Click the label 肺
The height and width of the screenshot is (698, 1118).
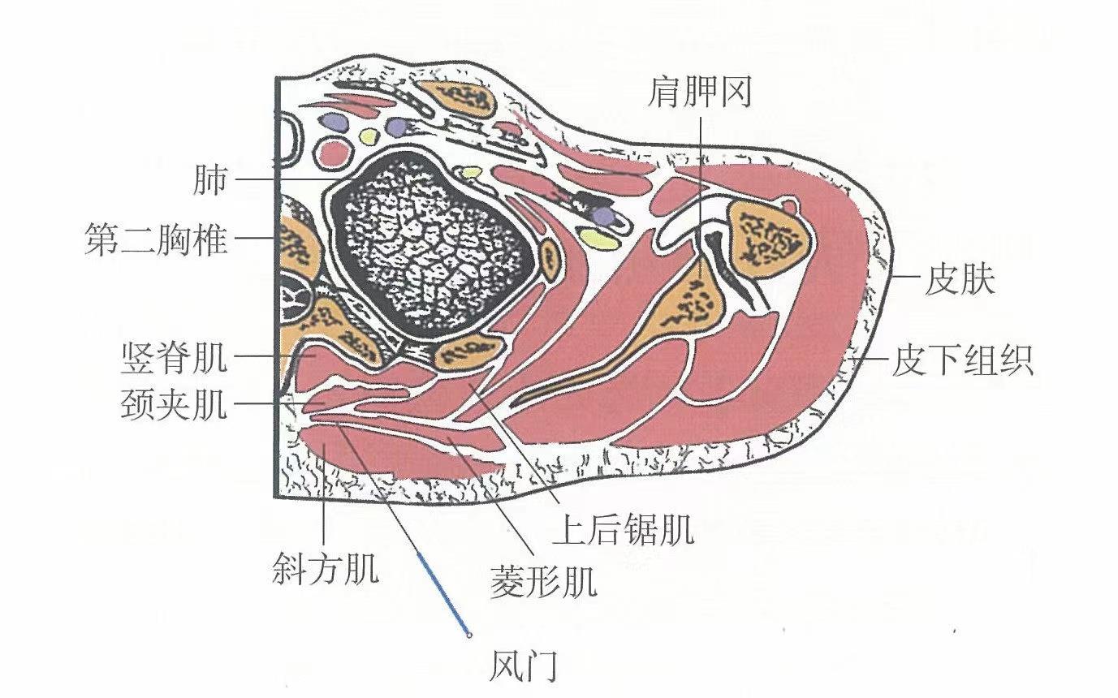(x=210, y=180)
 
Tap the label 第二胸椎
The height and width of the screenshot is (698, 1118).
(x=156, y=239)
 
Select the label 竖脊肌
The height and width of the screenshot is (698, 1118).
(x=173, y=358)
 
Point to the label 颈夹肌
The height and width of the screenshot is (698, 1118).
(x=173, y=403)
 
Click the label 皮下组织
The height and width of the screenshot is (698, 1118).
(x=963, y=360)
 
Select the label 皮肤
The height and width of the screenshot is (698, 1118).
(x=959, y=282)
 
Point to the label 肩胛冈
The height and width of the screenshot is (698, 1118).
(x=699, y=93)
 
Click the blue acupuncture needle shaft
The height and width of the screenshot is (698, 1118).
(x=442, y=590)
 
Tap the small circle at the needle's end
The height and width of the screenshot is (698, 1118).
(x=468, y=635)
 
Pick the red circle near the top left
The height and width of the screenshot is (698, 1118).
(x=334, y=152)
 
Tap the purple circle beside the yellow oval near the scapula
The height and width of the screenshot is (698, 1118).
(x=603, y=215)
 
